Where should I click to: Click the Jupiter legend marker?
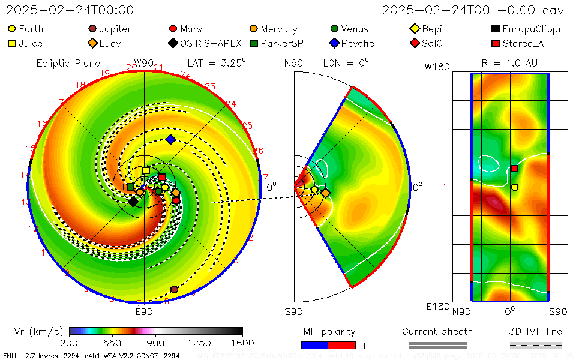tap(92, 29)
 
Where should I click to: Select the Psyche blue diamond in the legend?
tap(334, 43)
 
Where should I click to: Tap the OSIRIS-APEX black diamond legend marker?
tap(173, 43)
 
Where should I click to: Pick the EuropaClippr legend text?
tap(532, 29)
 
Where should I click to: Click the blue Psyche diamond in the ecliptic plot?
tap(170, 140)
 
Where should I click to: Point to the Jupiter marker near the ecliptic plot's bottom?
tap(174, 290)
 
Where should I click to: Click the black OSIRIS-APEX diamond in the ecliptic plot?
tap(133, 202)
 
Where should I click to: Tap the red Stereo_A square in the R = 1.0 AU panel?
tap(514, 169)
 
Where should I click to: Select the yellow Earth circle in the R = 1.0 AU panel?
tap(514, 187)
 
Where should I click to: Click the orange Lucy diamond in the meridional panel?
tap(325, 193)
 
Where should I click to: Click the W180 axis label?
tap(437, 67)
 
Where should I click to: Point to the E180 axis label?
tap(438, 307)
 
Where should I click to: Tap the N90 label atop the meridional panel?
tap(294, 63)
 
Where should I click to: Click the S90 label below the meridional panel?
tap(293, 312)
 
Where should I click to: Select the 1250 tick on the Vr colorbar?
tap(199, 343)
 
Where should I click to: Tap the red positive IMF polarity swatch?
tap(342, 345)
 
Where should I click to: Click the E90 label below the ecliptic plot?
tap(144, 312)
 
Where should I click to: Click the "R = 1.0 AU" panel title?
tap(509, 63)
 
